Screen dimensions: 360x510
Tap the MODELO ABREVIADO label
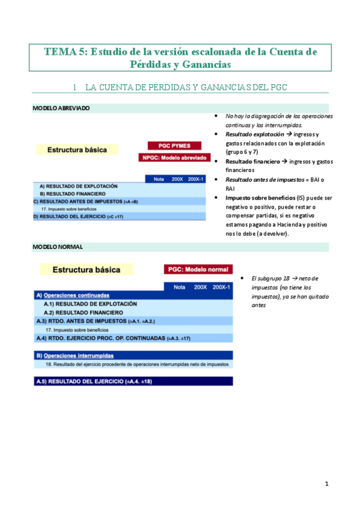point(61,108)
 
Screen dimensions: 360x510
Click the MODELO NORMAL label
point(58,247)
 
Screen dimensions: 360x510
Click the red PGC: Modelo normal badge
point(198,269)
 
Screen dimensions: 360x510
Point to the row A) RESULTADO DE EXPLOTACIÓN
point(78,186)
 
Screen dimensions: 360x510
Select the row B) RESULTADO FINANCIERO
point(73,194)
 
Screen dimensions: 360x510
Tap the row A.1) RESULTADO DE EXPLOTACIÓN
point(90,304)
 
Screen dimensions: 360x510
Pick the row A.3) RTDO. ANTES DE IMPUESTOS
point(96,321)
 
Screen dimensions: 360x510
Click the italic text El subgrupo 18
point(269,279)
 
